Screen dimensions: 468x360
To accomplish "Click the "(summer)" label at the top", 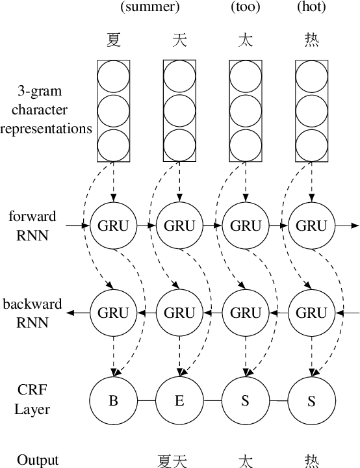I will pos(149,8).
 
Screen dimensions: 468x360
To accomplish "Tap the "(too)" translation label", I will pos(246,8).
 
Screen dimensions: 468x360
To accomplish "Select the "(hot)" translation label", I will pos(311,8).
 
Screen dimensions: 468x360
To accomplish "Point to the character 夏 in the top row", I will pos(114,40).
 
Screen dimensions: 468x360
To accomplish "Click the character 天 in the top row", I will pos(179,40).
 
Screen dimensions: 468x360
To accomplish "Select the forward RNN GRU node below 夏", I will pos(114,226).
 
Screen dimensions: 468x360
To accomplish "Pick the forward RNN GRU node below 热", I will pos(311,226).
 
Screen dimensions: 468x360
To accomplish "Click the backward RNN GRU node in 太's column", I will pos(246,312).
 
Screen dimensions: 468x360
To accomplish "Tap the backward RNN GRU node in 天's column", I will pos(179,312).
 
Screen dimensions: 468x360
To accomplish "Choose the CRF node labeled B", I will pos(114,400).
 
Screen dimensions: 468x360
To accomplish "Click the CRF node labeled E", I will pos(179,400).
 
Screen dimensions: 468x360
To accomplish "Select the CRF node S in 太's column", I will pos(246,400).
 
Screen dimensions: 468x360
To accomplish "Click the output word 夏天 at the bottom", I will pos(172,460).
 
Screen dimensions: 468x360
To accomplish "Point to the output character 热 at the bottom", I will pos(311,460).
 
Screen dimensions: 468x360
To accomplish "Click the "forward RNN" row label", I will pos(32,226).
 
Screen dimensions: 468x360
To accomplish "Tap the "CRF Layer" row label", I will pos(32,400).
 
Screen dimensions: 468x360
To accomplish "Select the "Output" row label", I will pos(38,460).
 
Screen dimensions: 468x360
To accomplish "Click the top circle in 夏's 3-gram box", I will pos(114,77).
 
